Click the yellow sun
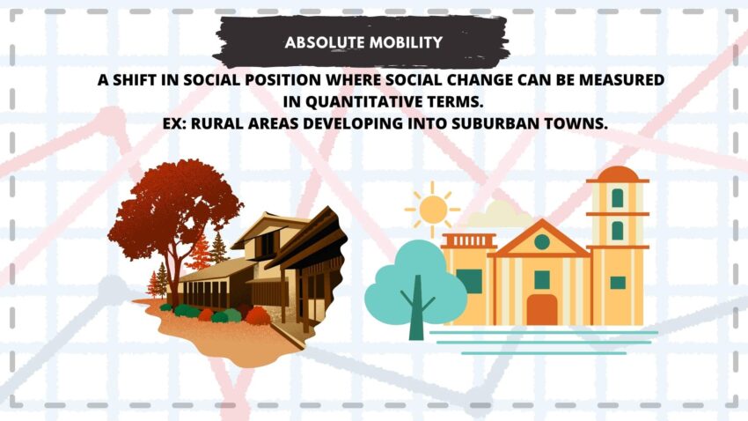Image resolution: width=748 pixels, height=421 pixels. point(433,210)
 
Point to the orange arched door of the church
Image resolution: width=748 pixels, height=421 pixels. point(542,309)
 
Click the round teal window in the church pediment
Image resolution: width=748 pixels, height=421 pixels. point(541,242)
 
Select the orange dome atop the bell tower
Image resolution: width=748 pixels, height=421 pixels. point(617,174)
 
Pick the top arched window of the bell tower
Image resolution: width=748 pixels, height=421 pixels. point(617,197)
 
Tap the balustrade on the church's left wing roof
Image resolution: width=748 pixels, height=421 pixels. point(469,240)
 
